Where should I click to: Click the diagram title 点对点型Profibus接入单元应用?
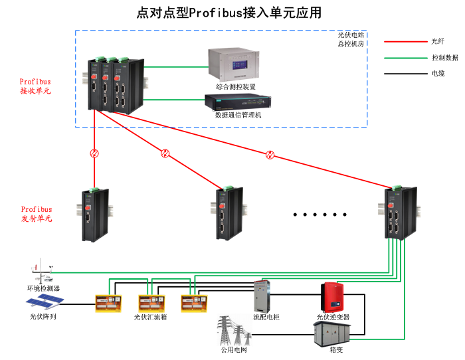pyautogui.click(x=229, y=13)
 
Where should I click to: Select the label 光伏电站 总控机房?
pyautogui.click(x=351, y=39)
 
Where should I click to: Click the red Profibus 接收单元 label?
pyautogui.click(x=35, y=86)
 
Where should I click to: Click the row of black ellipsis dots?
pyautogui.click(x=321, y=215)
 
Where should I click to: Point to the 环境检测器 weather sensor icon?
pyautogui.click(x=42, y=272)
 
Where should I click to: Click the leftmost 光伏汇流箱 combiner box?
pyautogui.click(x=108, y=304)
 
